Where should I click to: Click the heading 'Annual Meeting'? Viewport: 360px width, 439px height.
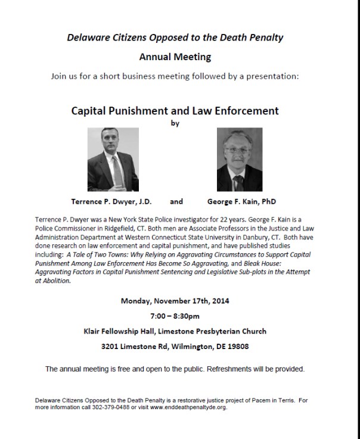point(175,58)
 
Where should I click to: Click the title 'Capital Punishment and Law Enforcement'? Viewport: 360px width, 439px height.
point(175,111)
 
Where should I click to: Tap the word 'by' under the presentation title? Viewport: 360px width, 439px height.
point(175,124)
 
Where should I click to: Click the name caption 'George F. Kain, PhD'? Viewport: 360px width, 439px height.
point(241,202)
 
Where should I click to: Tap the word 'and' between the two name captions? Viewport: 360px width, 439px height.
point(176,202)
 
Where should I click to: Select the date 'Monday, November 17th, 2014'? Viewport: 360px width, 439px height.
point(175,301)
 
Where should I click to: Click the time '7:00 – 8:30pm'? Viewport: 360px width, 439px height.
point(175,316)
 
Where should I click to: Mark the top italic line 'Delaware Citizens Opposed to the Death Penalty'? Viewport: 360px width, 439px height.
point(175,38)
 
